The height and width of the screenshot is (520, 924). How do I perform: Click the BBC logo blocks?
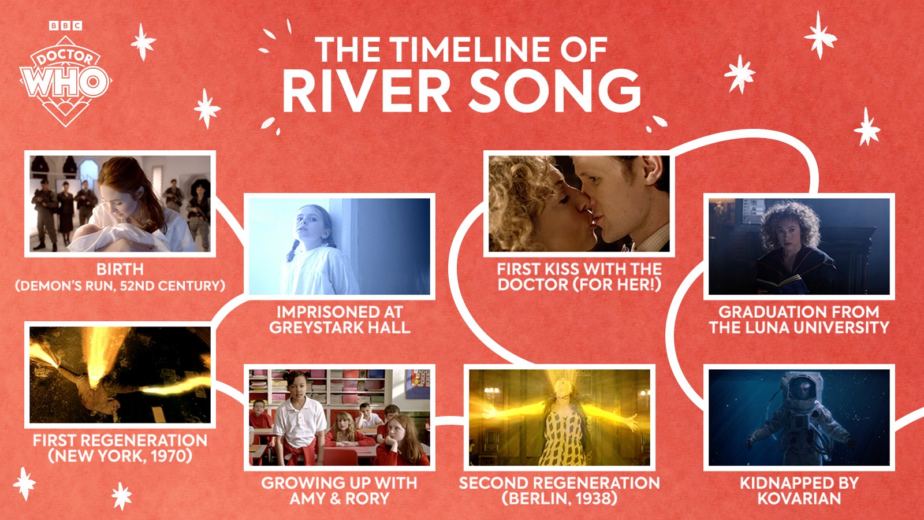(x=65, y=25)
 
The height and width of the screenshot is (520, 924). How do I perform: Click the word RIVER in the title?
(x=366, y=91)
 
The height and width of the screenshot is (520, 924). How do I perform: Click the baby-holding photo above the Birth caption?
(x=120, y=203)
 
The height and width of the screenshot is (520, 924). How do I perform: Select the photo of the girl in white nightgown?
(x=340, y=246)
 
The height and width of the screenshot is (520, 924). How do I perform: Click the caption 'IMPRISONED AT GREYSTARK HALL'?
(x=340, y=320)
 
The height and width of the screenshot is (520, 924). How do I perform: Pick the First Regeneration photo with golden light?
(x=120, y=374)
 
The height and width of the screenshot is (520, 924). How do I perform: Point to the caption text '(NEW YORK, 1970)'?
(x=120, y=456)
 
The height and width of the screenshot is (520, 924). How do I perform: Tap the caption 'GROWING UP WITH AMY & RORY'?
(x=340, y=491)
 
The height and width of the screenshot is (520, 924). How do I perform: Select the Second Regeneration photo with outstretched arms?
(x=560, y=417)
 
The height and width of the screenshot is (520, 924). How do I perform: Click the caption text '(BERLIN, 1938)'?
(x=560, y=498)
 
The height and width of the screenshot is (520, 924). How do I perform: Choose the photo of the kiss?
(x=579, y=203)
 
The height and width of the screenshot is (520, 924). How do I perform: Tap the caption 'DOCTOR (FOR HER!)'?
(x=579, y=284)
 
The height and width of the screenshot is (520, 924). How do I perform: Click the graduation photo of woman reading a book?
(x=799, y=246)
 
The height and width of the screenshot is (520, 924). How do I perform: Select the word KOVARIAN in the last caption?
(x=799, y=498)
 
